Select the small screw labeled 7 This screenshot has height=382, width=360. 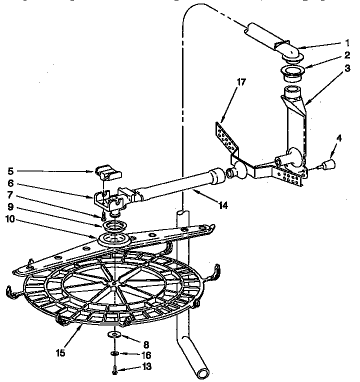[x=103, y=216]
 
